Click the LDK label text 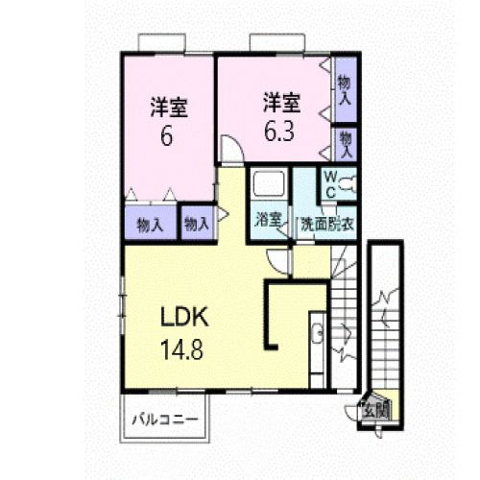click(184, 317)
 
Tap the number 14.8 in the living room click(181, 349)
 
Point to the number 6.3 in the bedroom click(279, 131)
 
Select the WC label click(330, 184)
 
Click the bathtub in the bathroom click(269, 184)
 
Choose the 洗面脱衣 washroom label click(326, 224)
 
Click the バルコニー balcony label click(165, 419)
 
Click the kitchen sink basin click(318, 333)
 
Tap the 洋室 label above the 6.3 click(281, 103)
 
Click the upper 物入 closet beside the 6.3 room click(346, 90)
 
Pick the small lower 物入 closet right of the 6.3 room click(346, 144)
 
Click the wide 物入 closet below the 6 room click(151, 223)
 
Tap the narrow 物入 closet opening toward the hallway click(197, 223)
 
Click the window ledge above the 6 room click(162, 42)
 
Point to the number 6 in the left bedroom click(167, 135)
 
